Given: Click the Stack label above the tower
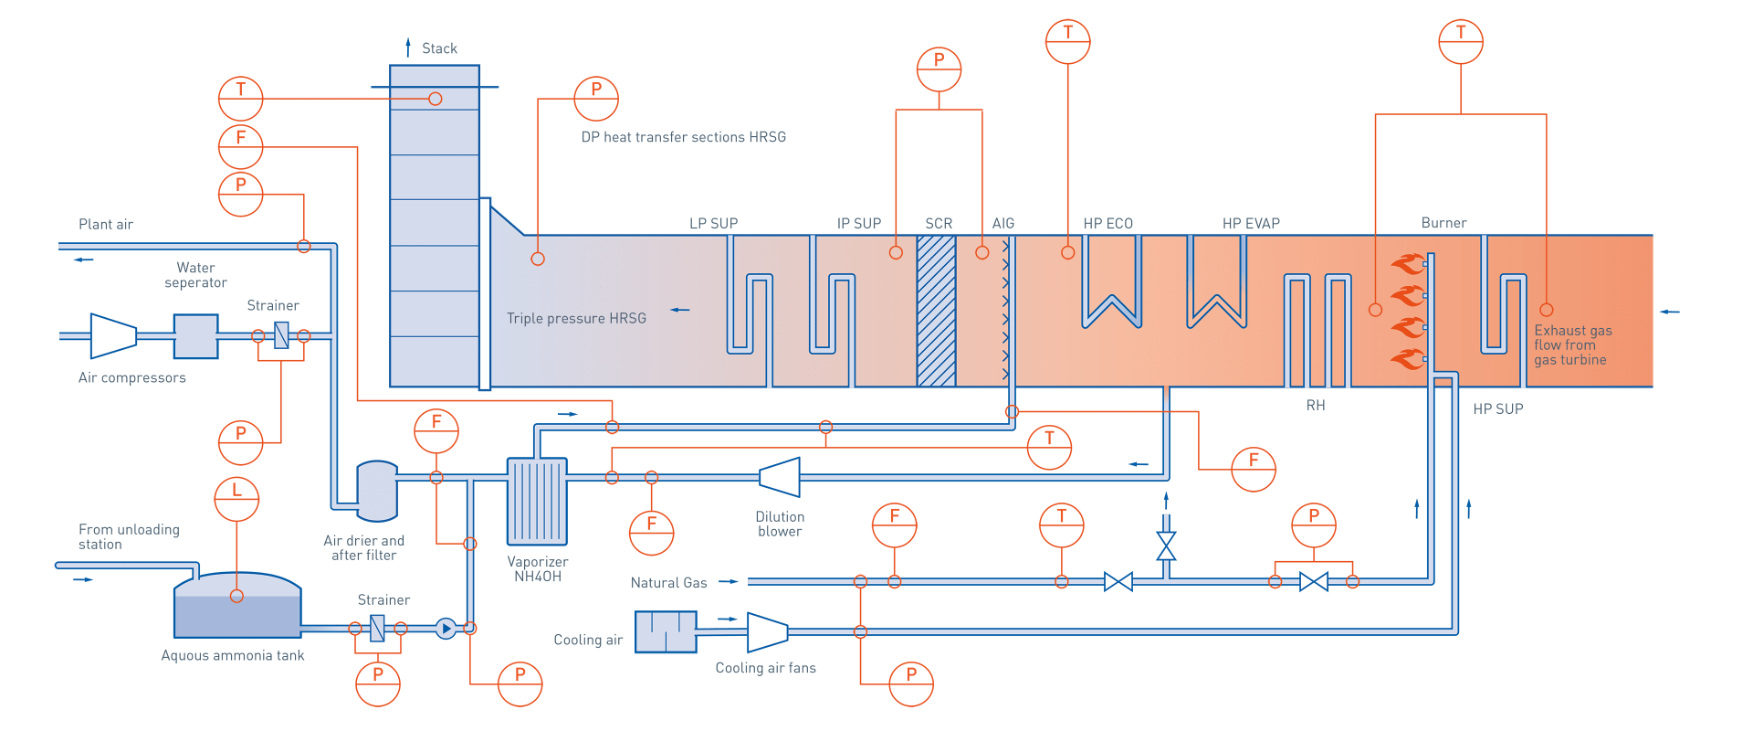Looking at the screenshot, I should pos(439,48).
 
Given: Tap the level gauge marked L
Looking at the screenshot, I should pos(236,499).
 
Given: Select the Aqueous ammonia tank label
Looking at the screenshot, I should pos(233,656).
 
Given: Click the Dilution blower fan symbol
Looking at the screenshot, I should pos(780,477).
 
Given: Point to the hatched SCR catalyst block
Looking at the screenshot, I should pos(936,311).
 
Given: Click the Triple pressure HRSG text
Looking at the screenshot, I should pos(576,318).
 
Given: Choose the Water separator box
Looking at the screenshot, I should pos(195,336).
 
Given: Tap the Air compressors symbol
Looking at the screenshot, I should pos(113,335).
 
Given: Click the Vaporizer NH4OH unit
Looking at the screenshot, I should pos(537,501).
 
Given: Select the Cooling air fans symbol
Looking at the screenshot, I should pos(767,631).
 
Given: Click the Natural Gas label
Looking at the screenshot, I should pos(668,583).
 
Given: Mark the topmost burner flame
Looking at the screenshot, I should pos(1407,264).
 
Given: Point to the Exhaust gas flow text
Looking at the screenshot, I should pos(1572,345).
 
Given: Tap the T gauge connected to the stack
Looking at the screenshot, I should pos(241,99).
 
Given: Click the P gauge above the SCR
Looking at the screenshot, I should pos(939,69).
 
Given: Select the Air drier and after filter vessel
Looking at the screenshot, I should pos(376,491).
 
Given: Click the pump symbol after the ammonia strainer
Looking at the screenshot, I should pos(446,629).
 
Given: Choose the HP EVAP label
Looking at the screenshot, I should pos(1251,224).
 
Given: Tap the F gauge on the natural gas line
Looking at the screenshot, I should pos(894,525).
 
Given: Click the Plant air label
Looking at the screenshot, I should pos(106,225).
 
